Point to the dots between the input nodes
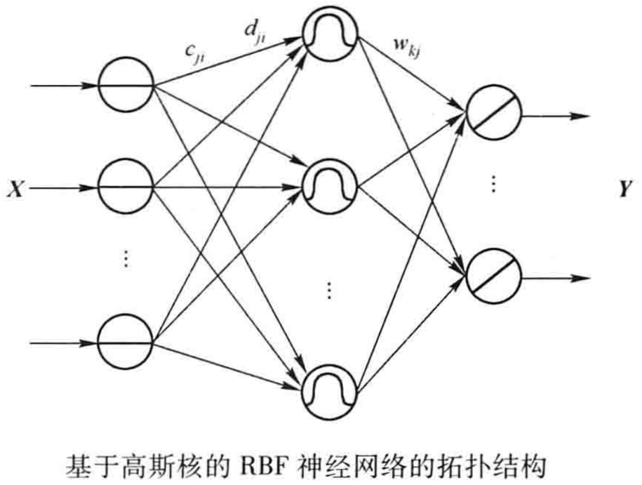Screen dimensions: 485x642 click(x=126, y=259)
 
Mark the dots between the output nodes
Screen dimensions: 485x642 click(x=494, y=184)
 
